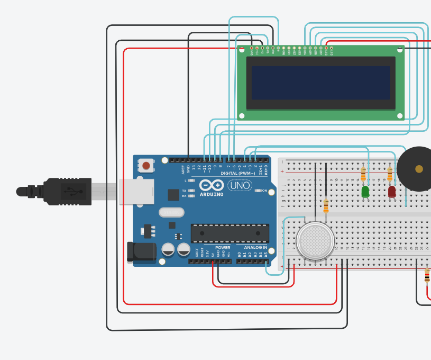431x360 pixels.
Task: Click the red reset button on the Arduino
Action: (146, 166)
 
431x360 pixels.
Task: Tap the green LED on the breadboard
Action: (365, 192)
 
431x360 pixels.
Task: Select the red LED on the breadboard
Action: (392, 192)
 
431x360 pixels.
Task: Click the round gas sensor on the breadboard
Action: (315, 241)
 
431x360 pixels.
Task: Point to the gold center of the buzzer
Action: (419, 169)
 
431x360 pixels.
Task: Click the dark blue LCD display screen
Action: (320, 83)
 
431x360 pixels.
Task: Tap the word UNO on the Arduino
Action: (240, 185)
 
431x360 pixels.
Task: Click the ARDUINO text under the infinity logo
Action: (212, 194)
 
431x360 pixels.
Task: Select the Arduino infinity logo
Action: (212, 185)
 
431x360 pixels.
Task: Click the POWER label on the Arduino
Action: (223, 247)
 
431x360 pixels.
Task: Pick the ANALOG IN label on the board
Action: (255, 247)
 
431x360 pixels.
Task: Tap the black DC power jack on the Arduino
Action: (141, 251)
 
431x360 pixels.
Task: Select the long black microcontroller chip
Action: (230, 233)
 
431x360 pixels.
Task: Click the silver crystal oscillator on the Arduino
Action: (171, 212)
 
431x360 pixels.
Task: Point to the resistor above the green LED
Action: (363, 174)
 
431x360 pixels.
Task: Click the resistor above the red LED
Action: (390, 174)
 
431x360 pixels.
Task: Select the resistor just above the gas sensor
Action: (326, 206)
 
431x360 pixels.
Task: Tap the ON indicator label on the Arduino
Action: (264, 191)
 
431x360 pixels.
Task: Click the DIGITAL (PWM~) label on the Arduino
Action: (238, 173)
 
